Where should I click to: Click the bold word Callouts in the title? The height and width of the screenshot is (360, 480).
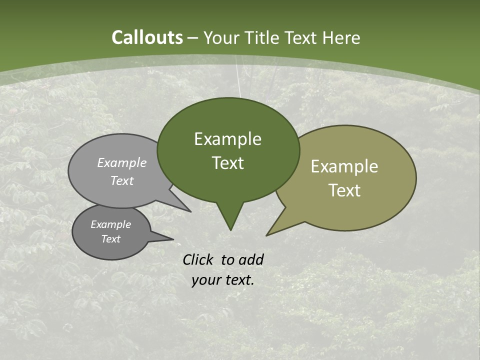click(147, 37)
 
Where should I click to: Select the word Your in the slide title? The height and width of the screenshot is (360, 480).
click(221, 38)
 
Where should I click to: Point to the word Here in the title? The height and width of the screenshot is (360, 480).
click(341, 38)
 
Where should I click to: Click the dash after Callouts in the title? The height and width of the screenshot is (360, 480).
click(193, 38)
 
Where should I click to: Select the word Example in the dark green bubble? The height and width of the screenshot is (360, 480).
click(227, 139)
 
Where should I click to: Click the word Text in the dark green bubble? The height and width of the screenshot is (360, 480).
click(227, 163)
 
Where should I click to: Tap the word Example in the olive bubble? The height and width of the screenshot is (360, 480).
click(344, 166)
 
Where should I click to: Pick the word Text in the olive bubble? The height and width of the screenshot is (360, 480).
click(344, 190)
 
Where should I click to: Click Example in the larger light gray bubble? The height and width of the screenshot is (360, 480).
click(122, 163)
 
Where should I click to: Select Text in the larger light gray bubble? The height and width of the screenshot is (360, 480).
click(122, 180)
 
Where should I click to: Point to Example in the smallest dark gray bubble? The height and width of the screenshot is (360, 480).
click(110, 224)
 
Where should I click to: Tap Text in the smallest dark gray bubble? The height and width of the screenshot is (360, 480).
click(110, 239)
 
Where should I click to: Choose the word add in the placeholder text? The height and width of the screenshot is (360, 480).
click(251, 259)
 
